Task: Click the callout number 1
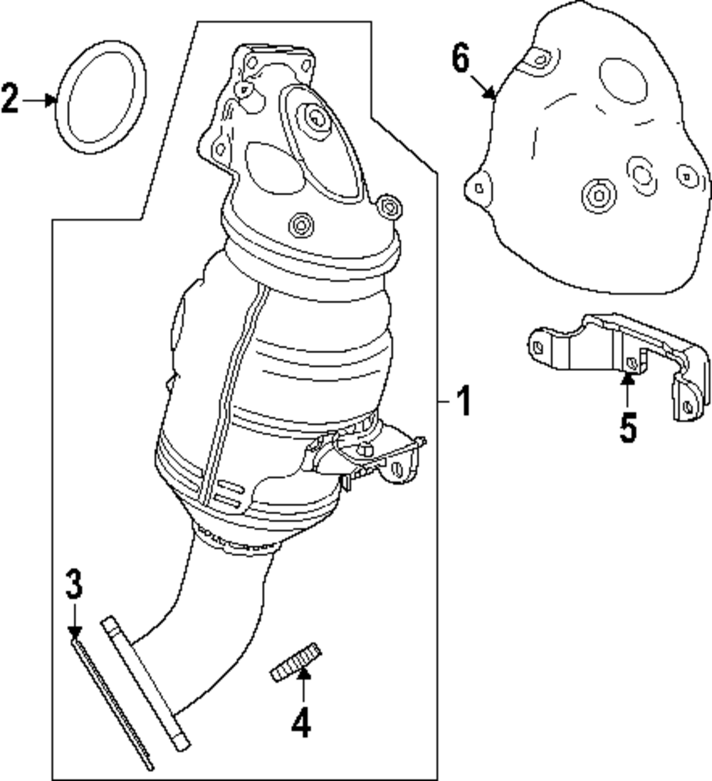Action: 464,402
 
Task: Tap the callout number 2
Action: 10,99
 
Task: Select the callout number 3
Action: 74,585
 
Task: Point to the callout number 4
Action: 301,723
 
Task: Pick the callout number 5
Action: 628,427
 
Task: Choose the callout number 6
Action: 461,58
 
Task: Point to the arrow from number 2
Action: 39,100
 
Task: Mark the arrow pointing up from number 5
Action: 628,390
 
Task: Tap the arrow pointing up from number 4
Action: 303,686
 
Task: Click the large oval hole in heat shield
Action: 623,81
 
